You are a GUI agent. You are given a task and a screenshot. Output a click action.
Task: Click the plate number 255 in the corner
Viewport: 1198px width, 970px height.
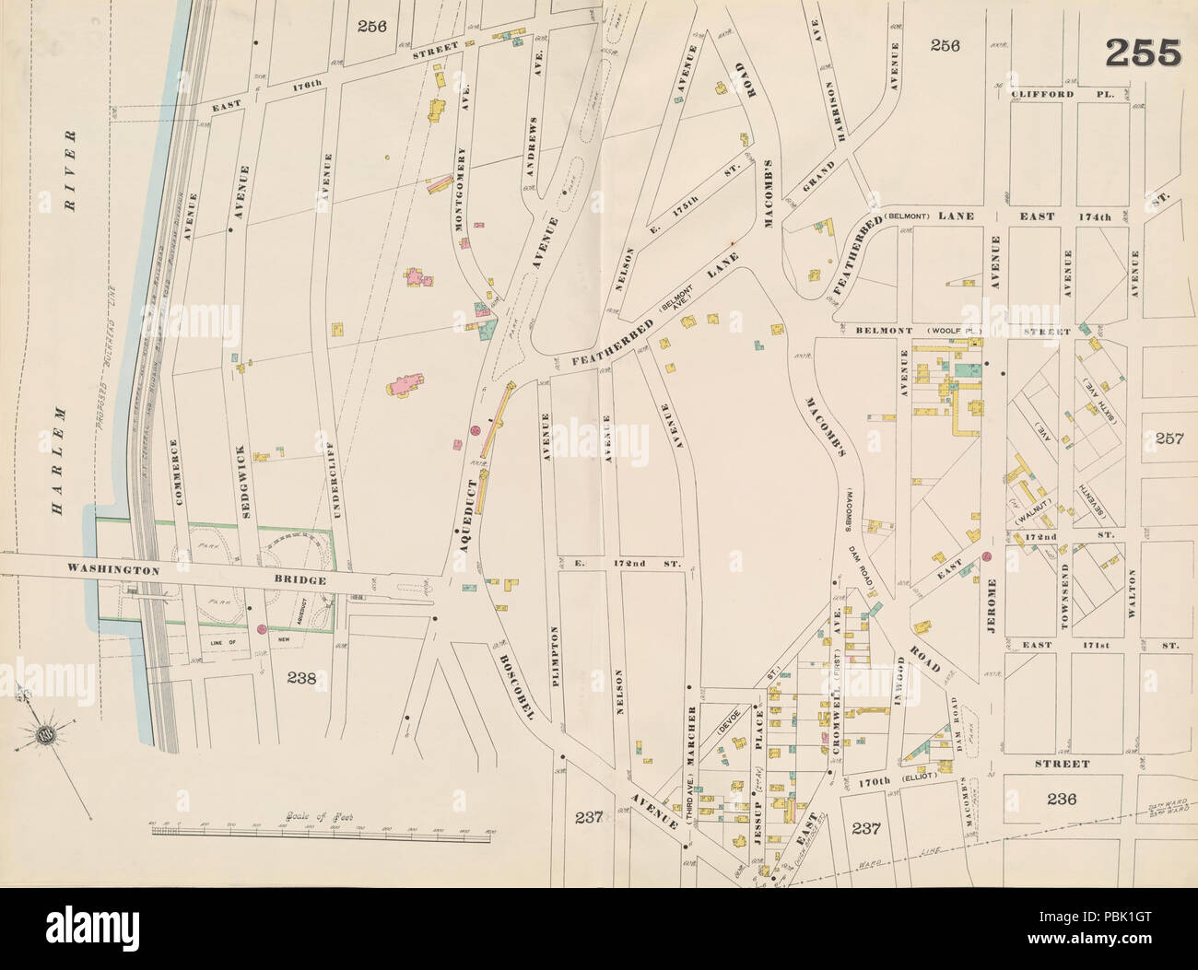pyautogui.click(x=1142, y=54)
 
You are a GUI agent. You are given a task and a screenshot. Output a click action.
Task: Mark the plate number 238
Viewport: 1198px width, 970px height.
pyautogui.click(x=302, y=679)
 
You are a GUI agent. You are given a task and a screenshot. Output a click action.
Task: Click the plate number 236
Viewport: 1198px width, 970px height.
pyautogui.click(x=1061, y=798)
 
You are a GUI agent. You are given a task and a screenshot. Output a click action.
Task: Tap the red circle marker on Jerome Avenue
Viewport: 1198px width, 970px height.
pyautogui.click(x=986, y=557)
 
